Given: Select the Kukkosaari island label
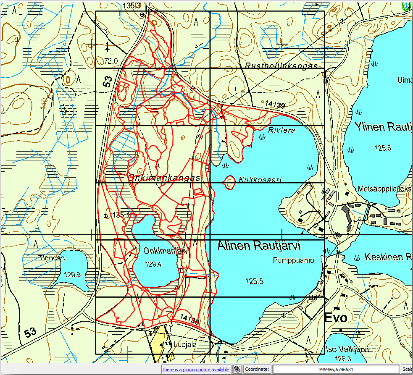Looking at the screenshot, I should pyautogui.click(x=260, y=179).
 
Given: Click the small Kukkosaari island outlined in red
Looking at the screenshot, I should pyautogui.click(x=230, y=182).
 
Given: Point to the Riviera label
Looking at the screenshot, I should pyautogui.click(x=281, y=130).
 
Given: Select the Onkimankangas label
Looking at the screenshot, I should pyautogui.click(x=163, y=178).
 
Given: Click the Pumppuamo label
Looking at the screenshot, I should pyautogui.click(x=293, y=260).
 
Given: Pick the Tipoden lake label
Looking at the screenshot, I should pyautogui.click(x=51, y=258).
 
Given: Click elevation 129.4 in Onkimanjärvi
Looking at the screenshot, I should pyautogui.click(x=153, y=264).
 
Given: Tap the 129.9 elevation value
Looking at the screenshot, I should pyautogui.click(x=72, y=275).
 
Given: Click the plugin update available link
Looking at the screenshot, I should pyautogui.click(x=195, y=369).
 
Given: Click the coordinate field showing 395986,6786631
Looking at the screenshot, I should pyautogui.click(x=336, y=369).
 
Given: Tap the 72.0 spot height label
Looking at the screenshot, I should pyautogui.click(x=111, y=61).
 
